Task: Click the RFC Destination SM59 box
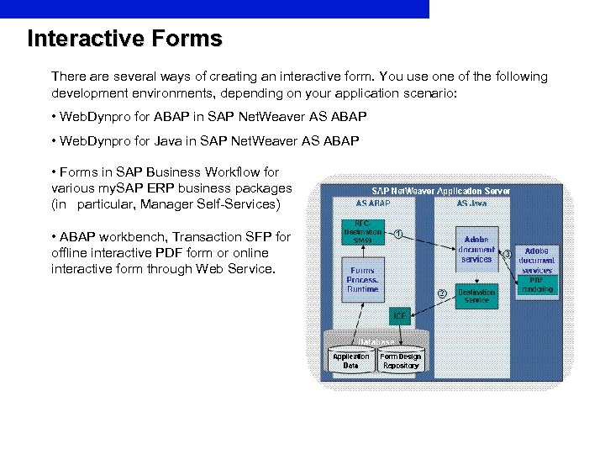point(362,230)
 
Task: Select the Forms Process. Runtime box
point(362,279)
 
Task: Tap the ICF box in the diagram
point(401,317)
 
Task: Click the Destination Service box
point(476,295)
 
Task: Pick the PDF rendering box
point(537,284)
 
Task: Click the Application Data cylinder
point(351,361)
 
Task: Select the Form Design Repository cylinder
point(401,361)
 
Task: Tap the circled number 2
point(441,293)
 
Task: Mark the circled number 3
point(507,254)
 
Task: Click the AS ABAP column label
point(373,203)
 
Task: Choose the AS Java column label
point(472,203)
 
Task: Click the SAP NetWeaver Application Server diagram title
point(440,191)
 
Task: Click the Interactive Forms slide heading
point(124,39)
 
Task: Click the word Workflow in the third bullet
point(237,172)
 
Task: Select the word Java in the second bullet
point(170,140)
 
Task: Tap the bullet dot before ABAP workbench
point(54,236)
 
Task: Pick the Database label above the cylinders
point(376,341)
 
